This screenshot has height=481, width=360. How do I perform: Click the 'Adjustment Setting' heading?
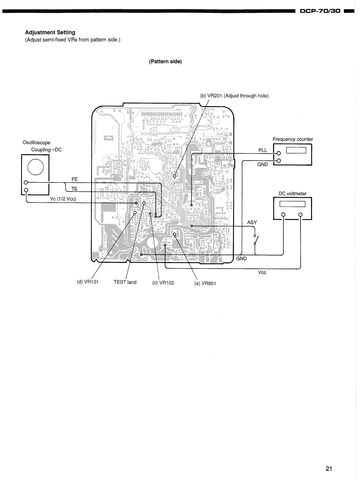click(x=50, y=32)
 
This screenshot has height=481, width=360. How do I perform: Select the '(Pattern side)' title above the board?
click(x=165, y=62)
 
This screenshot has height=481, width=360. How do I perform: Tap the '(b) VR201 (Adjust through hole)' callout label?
click(x=234, y=96)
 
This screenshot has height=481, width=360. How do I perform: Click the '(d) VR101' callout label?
click(x=88, y=282)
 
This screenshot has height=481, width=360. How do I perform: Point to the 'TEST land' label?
click(x=125, y=282)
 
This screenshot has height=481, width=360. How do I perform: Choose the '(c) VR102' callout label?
click(x=163, y=283)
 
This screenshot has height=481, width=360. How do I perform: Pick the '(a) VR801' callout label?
click(x=205, y=283)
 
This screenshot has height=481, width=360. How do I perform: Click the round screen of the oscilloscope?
click(x=35, y=167)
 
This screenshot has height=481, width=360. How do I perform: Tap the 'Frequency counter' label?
click(x=293, y=139)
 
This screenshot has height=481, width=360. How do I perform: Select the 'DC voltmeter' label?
click(x=293, y=194)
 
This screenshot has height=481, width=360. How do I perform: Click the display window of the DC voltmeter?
click(x=292, y=204)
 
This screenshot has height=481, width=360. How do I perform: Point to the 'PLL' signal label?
click(x=263, y=150)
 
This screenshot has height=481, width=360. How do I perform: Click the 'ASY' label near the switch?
click(x=252, y=222)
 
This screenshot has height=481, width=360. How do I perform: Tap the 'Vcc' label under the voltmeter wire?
click(x=262, y=273)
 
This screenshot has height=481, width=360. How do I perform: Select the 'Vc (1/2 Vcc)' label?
click(x=63, y=199)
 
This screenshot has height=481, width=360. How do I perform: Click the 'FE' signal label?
click(x=75, y=179)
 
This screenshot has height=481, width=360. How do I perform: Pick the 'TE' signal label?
click(x=74, y=189)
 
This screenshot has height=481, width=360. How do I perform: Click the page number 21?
click(x=329, y=468)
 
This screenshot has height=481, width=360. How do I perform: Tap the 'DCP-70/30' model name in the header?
click(x=320, y=11)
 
